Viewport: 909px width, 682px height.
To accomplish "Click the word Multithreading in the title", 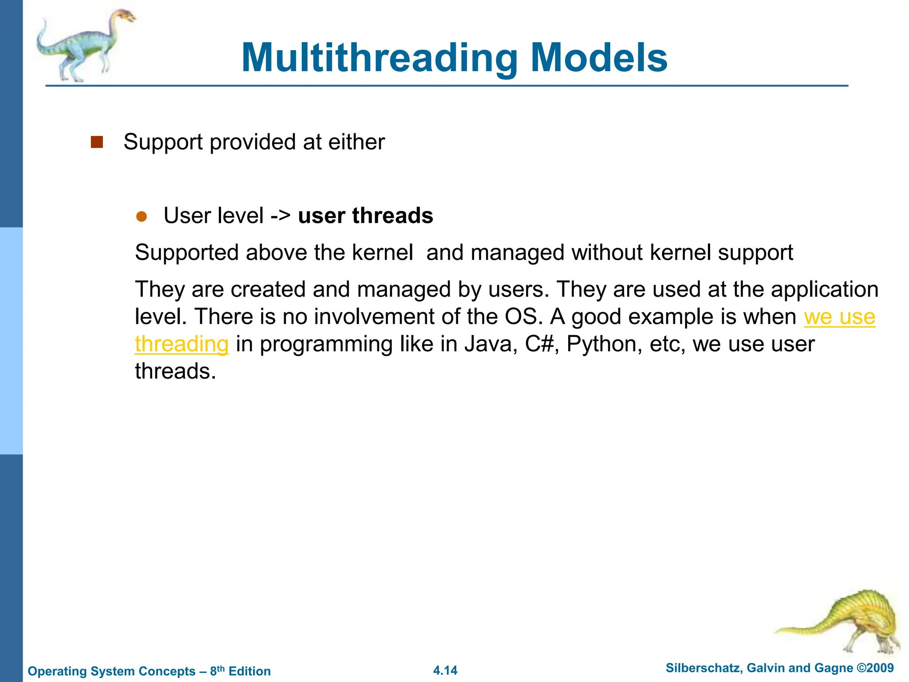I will click(x=379, y=58).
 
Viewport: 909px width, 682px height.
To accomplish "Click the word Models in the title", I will click(x=599, y=58).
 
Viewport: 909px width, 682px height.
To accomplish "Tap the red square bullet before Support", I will click(x=97, y=142).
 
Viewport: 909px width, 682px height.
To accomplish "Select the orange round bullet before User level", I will click(x=142, y=217).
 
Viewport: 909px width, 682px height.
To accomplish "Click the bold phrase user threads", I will click(x=365, y=216).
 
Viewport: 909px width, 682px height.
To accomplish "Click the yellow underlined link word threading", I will click(x=182, y=344).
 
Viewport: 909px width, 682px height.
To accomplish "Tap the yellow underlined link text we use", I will click(x=839, y=317).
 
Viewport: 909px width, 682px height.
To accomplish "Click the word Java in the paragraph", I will click(x=491, y=344).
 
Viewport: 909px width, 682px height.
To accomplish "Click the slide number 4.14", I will click(x=445, y=670).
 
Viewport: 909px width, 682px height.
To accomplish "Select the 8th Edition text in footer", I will click(x=240, y=671).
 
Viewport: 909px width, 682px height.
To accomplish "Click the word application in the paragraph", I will click(x=824, y=289).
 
